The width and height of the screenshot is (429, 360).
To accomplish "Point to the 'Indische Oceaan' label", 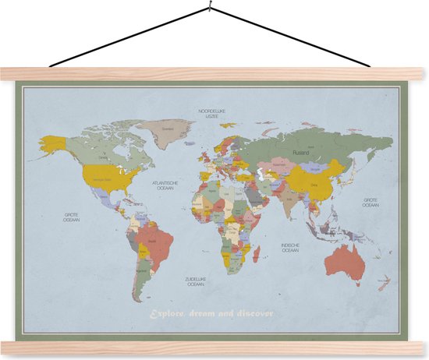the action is pyautogui.click(x=289, y=248).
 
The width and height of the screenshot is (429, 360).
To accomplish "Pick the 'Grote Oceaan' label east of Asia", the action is pyautogui.click(x=370, y=202).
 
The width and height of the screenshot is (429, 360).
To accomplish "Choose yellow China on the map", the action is pyautogui.click(x=312, y=179).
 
